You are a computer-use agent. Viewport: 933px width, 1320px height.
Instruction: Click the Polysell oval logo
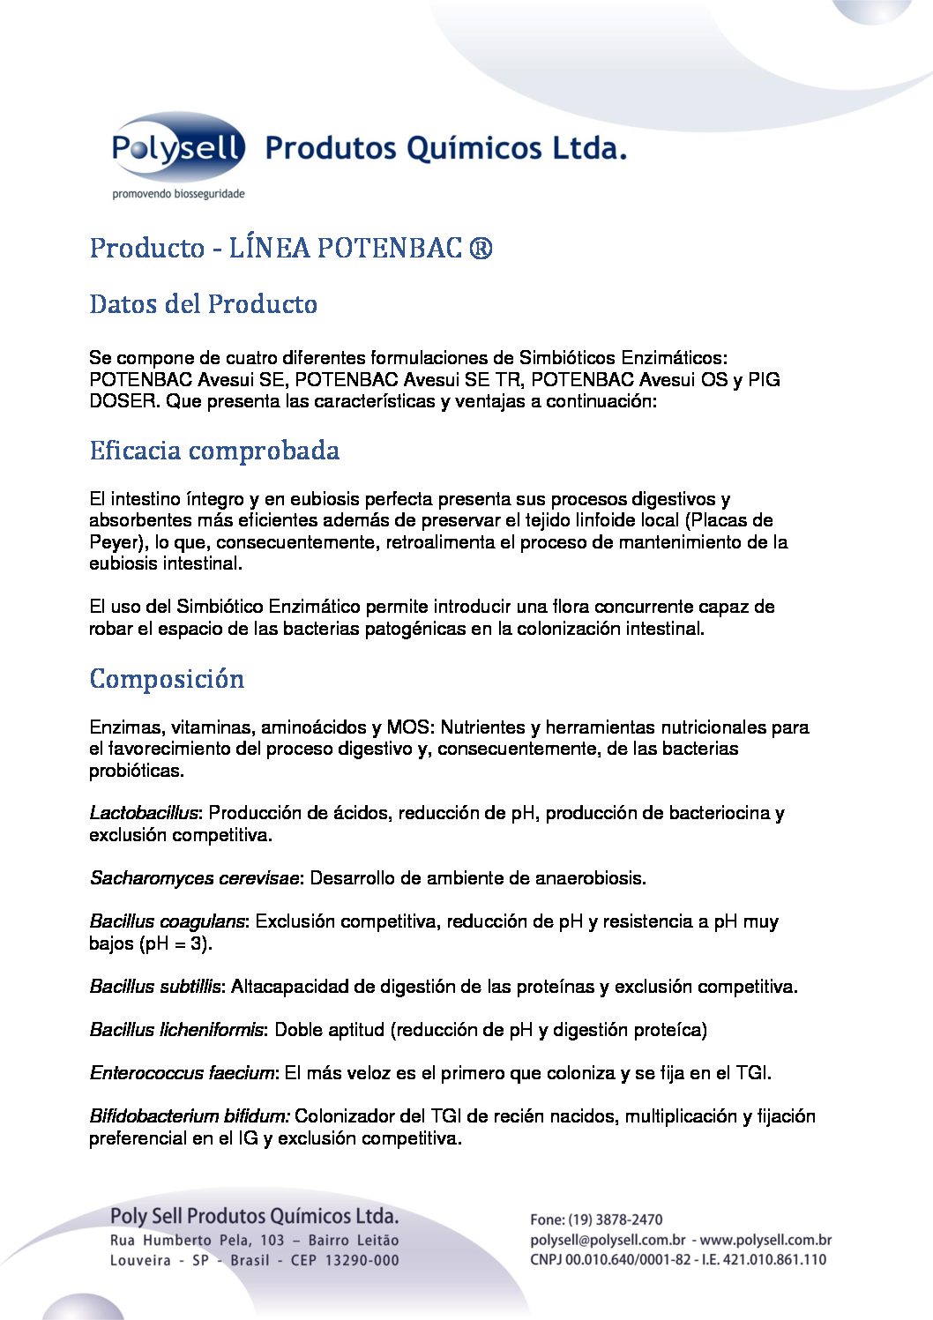177,147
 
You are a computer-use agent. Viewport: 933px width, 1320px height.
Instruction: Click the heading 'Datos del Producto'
203,304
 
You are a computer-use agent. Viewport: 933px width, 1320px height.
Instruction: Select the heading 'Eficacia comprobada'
214,451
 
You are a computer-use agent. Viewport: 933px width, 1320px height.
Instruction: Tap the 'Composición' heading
167,679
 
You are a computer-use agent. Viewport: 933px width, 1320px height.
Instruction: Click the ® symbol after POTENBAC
481,249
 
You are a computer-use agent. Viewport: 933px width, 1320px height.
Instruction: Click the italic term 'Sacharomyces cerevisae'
195,878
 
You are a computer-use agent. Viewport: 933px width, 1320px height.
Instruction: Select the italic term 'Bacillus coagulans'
167,921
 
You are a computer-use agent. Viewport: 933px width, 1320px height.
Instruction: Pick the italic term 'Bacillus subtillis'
155,987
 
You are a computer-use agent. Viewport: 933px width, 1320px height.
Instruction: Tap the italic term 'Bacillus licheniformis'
176,1030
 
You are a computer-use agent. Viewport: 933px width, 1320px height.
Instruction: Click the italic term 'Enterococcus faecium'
183,1073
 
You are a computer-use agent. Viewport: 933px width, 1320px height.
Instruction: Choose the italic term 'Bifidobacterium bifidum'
188,1116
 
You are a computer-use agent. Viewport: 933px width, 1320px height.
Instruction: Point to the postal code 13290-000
362,1261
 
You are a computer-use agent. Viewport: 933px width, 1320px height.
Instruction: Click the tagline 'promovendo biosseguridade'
177,193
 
